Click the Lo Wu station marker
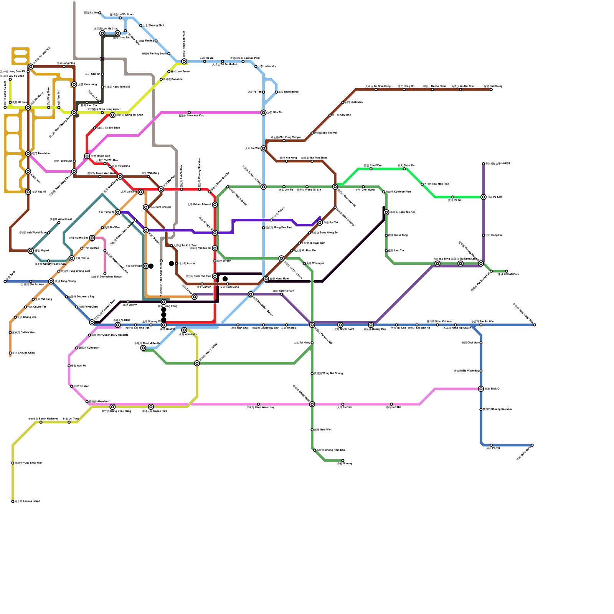100,13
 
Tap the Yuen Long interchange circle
74,84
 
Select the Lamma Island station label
27,501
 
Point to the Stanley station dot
343,460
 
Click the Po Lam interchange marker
484,197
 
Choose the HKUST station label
498,164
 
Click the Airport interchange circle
31,251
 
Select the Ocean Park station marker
151,407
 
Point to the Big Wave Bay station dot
481,371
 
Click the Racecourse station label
288,92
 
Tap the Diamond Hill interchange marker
335,187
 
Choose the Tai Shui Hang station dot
376,90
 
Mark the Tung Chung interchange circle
51,282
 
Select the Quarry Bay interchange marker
371,325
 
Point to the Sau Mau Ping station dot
422,184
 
